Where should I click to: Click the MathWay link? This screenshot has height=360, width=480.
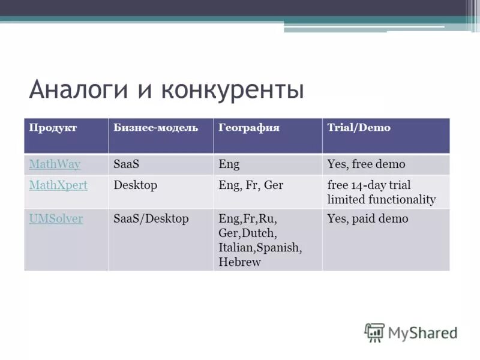pos(54,164)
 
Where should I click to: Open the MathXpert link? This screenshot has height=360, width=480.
pos(58,185)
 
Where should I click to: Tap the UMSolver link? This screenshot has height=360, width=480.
pos(56,219)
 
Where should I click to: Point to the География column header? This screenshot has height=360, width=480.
pos(249,128)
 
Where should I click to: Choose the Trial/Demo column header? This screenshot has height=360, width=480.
pos(358,128)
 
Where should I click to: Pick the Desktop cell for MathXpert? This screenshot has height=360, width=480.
pos(135,185)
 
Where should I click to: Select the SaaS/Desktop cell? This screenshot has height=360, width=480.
pos(151,219)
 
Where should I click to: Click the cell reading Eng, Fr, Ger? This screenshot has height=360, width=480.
pos(251,185)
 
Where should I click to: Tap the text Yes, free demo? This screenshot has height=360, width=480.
pos(366,164)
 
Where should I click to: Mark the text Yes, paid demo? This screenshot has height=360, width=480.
pos(367,219)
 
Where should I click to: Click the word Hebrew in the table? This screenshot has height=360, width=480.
pos(239,262)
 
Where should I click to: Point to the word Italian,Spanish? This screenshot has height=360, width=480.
pos(260,248)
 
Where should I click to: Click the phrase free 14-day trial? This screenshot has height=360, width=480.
pos(369,185)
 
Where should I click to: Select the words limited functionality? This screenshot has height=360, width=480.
pos(381,200)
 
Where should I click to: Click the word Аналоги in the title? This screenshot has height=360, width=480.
pos(76,90)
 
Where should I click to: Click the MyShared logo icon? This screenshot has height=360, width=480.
pos(374,332)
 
